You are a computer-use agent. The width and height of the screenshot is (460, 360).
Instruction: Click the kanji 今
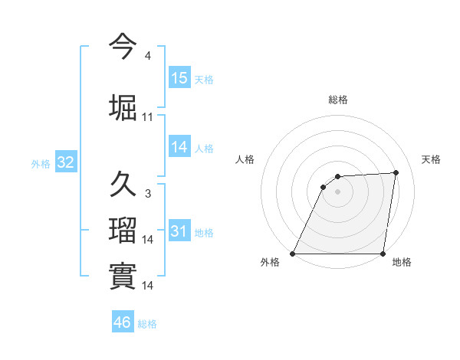click(123, 47)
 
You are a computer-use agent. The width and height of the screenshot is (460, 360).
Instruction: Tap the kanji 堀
click(123, 106)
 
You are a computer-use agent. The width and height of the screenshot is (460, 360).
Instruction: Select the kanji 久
click(123, 185)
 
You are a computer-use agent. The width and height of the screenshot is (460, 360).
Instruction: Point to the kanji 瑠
click(123, 229)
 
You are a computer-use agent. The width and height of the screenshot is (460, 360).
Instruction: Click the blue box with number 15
click(179, 77)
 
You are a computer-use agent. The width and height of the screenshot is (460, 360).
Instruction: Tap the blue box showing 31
click(179, 231)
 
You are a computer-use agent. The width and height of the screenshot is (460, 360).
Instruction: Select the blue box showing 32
click(65, 162)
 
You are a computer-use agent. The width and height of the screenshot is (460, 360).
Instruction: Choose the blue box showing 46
click(123, 322)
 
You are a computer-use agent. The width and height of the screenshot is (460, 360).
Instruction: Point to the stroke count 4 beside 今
click(147, 56)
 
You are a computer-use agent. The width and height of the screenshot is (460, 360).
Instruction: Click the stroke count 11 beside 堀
click(148, 116)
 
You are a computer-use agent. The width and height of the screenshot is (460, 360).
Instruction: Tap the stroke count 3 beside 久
click(147, 194)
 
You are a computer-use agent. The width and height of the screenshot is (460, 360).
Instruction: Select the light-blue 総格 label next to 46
click(147, 324)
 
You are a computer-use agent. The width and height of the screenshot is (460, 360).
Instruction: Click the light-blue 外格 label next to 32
click(40, 164)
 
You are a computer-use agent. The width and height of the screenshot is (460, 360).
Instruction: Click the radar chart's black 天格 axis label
click(431, 159)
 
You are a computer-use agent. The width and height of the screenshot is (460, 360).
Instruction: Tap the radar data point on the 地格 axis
click(383, 254)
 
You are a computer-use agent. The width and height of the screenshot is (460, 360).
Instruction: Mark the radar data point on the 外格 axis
click(293, 254)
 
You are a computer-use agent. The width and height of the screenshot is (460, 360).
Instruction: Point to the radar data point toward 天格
click(396, 172)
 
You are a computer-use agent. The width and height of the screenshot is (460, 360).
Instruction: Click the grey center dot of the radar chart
click(337, 191)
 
